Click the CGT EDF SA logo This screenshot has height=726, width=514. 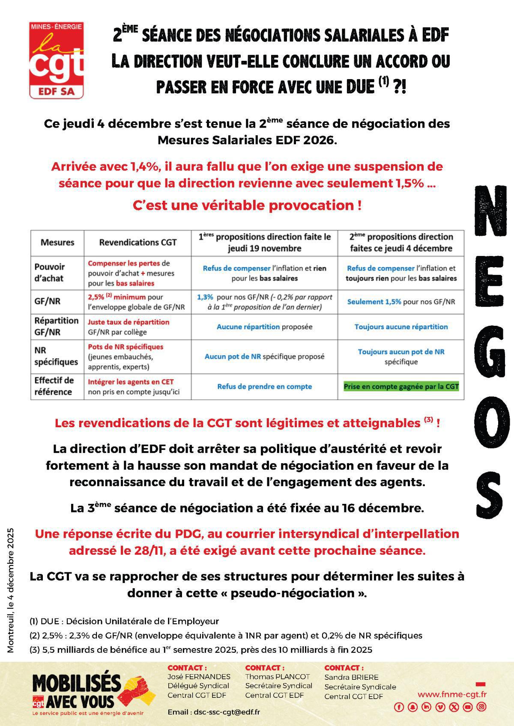[x=56, y=60]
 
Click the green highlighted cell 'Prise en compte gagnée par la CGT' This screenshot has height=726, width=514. [x=401, y=387]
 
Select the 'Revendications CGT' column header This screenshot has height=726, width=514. [x=138, y=243]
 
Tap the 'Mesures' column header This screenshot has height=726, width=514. [x=57, y=243]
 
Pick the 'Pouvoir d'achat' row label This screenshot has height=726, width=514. [x=50, y=273]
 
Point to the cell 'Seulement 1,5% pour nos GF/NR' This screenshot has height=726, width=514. [x=401, y=302]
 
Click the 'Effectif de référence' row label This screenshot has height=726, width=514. [x=54, y=386]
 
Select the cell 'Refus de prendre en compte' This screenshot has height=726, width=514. [x=264, y=387]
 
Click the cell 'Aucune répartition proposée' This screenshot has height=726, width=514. [x=264, y=327]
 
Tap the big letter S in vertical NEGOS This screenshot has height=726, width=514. [x=489, y=494]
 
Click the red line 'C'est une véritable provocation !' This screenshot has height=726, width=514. [x=247, y=205]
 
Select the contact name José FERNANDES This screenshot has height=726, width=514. [x=199, y=677]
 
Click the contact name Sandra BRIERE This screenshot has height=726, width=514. [x=351, y=677]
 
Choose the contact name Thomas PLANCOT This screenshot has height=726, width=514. [x=277, y=677]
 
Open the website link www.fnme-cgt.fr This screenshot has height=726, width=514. [x=452, y=695]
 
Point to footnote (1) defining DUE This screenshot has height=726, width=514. [x=124, y=621]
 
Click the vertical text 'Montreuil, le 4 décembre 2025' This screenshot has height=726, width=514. [x=11, y=590]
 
